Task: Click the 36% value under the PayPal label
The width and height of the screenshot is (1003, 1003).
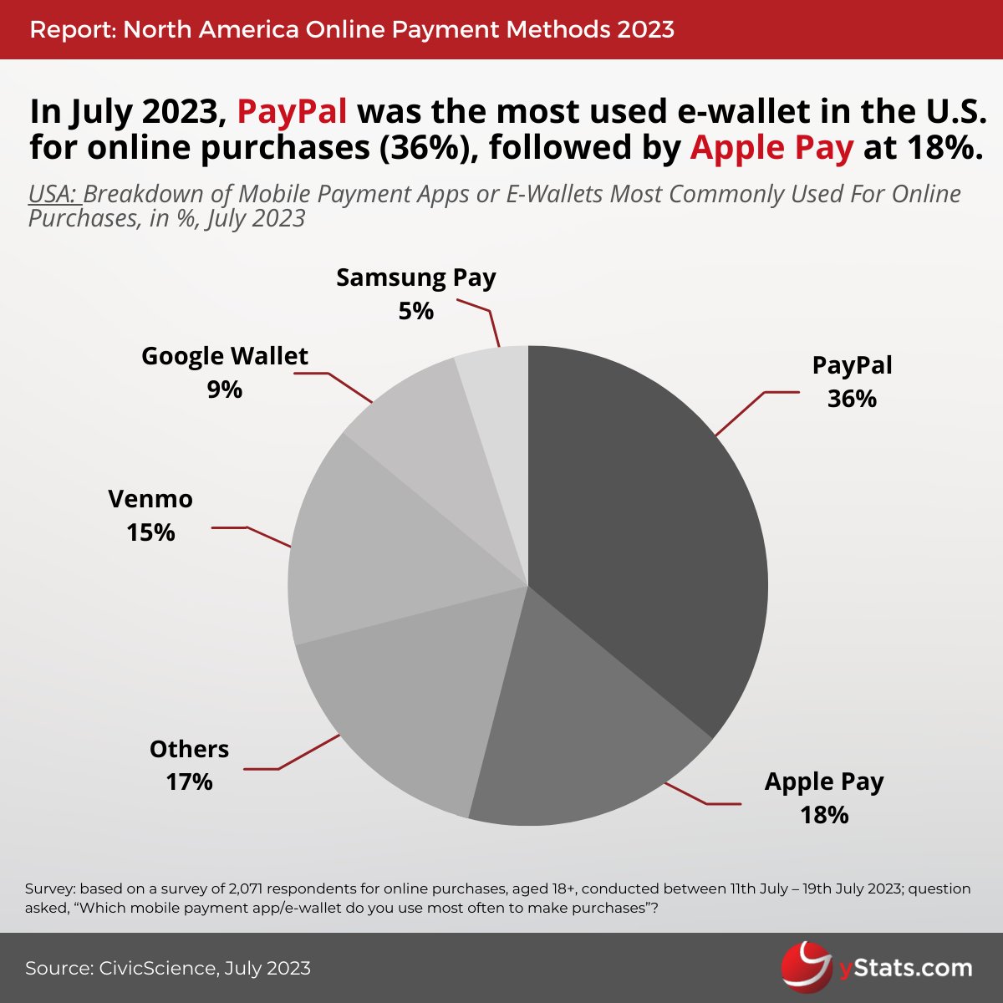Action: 852,400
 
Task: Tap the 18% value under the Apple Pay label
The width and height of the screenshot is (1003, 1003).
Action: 824,815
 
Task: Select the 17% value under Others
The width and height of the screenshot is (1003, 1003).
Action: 189,782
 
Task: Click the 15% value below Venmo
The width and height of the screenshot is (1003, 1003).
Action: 150,532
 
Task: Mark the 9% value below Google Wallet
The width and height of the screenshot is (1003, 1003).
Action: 224,389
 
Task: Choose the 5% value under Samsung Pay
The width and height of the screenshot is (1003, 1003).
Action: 415,312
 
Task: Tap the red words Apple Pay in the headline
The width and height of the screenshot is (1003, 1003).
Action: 771,148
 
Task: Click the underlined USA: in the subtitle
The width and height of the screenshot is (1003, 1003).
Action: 53,195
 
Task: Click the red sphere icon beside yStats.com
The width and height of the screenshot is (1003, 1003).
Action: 807,968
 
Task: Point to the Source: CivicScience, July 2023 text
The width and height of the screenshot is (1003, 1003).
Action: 168,969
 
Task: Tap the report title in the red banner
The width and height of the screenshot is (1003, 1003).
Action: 352,30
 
